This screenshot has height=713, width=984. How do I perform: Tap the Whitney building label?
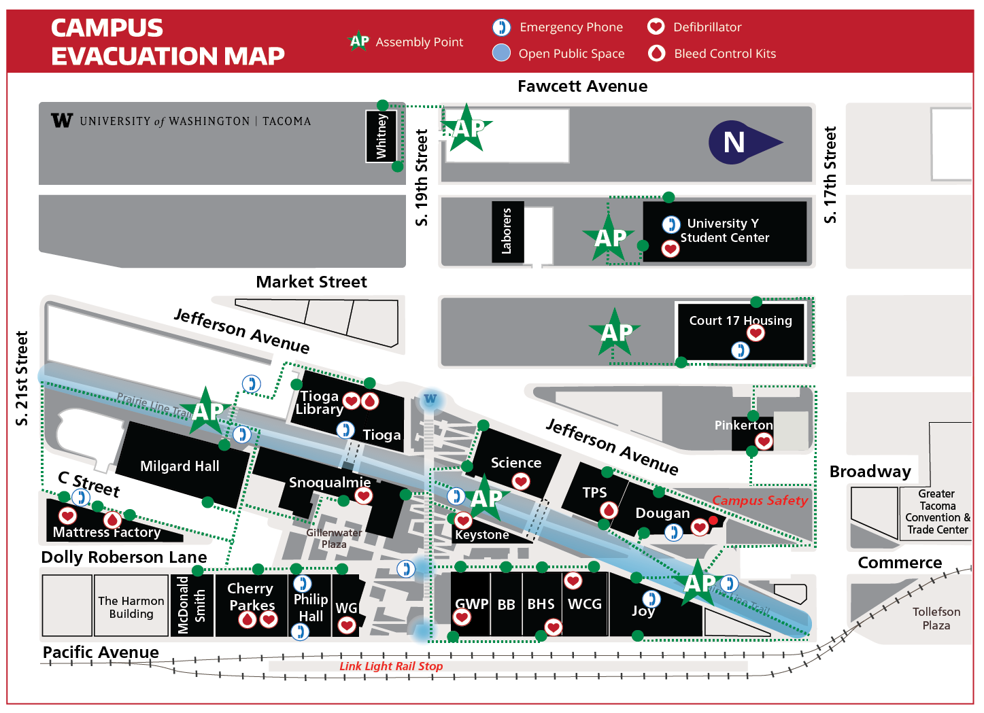point(381,137)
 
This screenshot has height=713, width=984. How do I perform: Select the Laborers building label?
point(507,231)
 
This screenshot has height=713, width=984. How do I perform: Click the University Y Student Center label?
point(724,230)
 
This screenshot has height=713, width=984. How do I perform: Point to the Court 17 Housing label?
point(740,320)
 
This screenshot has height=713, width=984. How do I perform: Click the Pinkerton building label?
point(743,425)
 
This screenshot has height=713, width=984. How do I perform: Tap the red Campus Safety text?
point(760,500)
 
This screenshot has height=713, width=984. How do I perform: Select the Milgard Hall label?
point(180,466)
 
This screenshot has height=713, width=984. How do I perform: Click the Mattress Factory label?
point(107,532)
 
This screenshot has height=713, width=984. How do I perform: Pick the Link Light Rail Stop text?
point(391,666)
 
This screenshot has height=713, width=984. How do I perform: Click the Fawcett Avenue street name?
point(582,86)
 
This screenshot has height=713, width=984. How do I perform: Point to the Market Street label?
point(311,281)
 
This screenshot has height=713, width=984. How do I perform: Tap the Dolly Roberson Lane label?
point(124,557)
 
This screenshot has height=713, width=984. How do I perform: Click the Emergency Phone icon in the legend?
point(501,27)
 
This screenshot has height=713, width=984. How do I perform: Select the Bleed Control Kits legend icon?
point(656,53)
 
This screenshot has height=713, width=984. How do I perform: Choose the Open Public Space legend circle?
point(501,53)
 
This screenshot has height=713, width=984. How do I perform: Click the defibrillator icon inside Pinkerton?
point(764,442)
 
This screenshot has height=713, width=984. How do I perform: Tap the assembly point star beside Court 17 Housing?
point(615,332)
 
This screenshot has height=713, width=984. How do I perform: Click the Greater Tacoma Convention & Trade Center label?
point(937,512)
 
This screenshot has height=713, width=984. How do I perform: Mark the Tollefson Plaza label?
point(936,619)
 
